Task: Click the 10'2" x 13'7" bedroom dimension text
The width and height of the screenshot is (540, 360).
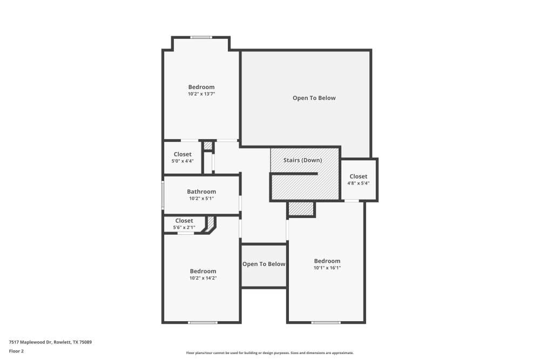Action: pos(201,94)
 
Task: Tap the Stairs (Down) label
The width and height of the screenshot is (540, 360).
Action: pos(302,160)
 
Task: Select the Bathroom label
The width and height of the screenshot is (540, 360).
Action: pos(201,192)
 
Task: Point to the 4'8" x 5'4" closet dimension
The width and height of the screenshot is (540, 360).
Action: pos(358,184)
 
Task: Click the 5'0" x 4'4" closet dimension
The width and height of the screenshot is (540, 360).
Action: pos(183,161)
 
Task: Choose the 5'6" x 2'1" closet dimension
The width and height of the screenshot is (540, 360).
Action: pos(184,228)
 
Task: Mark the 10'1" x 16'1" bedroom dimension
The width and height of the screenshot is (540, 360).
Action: pos(327,268)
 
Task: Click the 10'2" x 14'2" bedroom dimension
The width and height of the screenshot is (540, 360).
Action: pos(203,278)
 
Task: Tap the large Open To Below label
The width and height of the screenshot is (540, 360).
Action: pos(314,98)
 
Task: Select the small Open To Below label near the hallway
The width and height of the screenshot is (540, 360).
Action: pos(264,264)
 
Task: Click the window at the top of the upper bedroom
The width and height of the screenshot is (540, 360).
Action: pos(201,37)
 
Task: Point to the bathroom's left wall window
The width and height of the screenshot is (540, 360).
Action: pos(163,195)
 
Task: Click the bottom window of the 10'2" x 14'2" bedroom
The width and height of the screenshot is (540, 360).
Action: pos(202,323)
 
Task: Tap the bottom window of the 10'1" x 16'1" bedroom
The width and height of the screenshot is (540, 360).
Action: pos(326,323)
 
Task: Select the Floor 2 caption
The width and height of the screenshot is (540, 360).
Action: pos(16,351)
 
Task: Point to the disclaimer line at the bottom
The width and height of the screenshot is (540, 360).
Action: pos(269,352)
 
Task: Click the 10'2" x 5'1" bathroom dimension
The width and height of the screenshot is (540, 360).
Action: pos(201,199)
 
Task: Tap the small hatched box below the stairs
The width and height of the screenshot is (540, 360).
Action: pos(301,209)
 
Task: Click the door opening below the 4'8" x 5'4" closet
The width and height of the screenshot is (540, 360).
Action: pos(352,201)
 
